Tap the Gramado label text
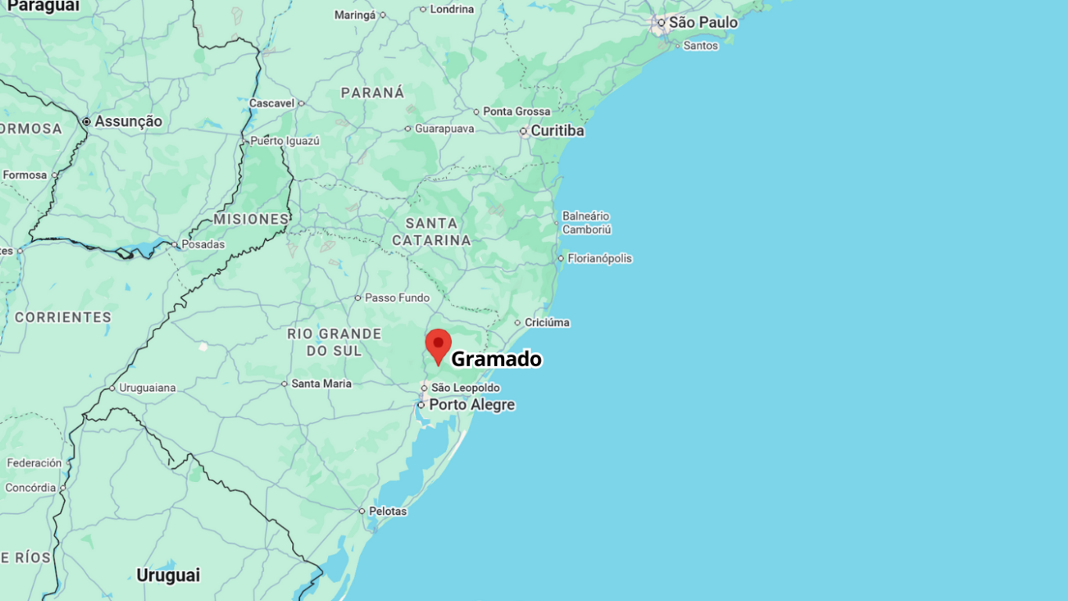click(x=496, y=359)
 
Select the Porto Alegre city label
click(x=471, y=405)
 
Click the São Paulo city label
click(x=702, y=23)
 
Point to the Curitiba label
click(x=557, y=131)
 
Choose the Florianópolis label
click(x=599, y=258)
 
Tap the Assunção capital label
click(x=128, y=121)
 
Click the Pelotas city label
click(x=388, y=511)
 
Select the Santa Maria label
click(x=321, y=383)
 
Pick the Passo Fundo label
click(x=397, y=297)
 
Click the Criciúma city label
click(x=547, y=322)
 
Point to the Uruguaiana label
click(x=147, y=387)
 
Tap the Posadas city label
click(x=203, y=244)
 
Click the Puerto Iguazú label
click(x=285, y=141)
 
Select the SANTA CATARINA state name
click(x=431, y=232)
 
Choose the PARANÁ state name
click(x=373, y=92)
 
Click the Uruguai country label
click(x=168, y=575)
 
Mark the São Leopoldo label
click(x=465, y=387)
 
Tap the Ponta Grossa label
click(x=516, y=111)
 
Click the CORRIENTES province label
click(x=63, y=317)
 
